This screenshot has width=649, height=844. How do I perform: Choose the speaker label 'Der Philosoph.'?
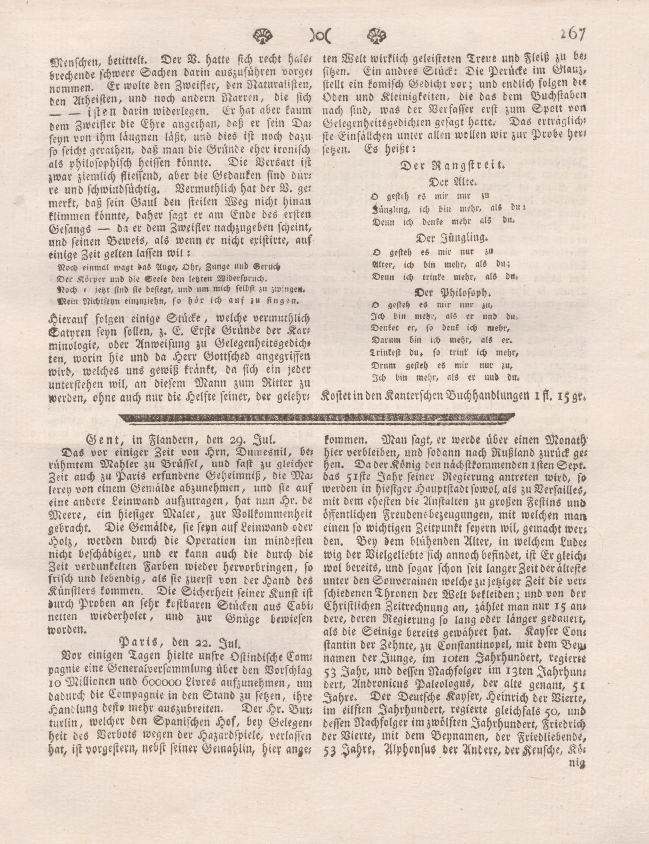450,293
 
